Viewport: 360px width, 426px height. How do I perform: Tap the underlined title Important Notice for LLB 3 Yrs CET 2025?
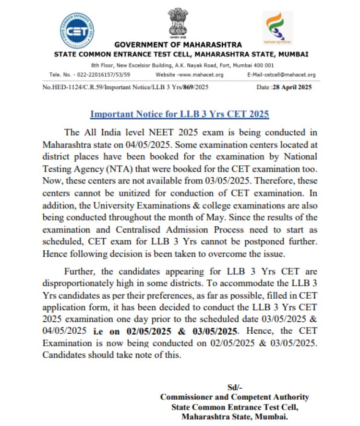click(180, 114)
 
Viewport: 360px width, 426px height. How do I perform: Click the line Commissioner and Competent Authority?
click(234, 398)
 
